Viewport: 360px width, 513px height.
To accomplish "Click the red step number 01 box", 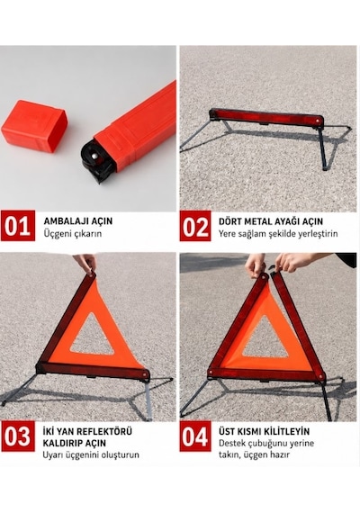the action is (x=18, y=226).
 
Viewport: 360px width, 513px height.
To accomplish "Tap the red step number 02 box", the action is (x=195, y=226).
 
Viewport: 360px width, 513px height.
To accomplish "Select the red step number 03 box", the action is (x=18, y=436).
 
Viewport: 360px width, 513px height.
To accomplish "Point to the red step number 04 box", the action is (x=195, y=436).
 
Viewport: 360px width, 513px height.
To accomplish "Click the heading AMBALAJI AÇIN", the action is (x=78, y=221).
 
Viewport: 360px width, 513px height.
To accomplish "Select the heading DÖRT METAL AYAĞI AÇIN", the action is (x=271, y=221).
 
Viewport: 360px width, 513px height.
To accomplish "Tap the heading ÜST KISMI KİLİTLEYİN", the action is (x=264, y=431).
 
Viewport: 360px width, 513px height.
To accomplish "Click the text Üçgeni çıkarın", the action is (x=72, y=234).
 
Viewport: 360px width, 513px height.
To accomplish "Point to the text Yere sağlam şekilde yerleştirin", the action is (x=278, y=234).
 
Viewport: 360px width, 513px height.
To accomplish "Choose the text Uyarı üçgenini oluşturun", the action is (x=91, y=455).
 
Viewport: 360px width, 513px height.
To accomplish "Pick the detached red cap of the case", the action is (x=34, y=126).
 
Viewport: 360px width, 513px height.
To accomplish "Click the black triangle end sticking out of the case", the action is (x=97, y=161).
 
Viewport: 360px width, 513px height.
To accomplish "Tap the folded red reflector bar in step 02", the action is (x=265, y=117).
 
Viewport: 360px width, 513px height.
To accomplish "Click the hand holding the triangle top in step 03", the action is (x=85, y=263).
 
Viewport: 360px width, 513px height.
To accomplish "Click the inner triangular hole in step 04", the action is (x=265, y=338).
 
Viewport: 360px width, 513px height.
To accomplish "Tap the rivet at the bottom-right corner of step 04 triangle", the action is (x=320, y=377).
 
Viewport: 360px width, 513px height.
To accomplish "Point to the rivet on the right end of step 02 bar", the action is (x=317, y=121).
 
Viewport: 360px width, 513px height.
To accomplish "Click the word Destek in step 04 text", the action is (x=230, y=444).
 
